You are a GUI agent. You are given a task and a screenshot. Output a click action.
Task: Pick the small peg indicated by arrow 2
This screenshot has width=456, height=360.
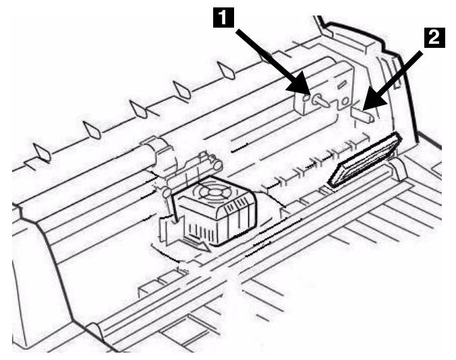pos(363,113)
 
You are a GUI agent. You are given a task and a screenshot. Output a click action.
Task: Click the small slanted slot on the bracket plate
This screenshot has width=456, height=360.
pos(342,83)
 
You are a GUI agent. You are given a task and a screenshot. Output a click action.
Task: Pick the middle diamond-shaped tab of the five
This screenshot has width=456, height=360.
pos(138,109)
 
